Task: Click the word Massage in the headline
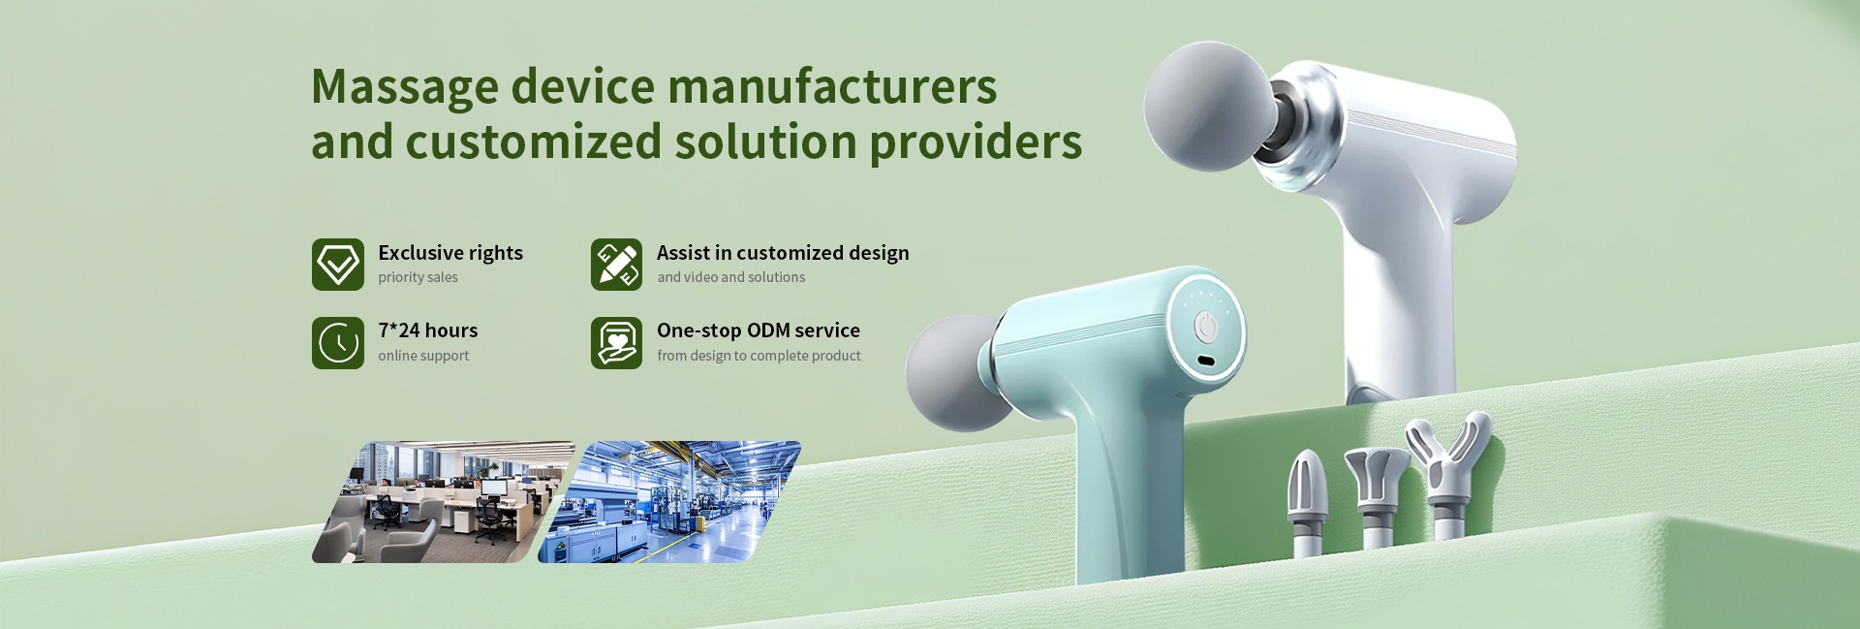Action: coord(404,87)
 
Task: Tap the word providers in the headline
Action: coord(976,143)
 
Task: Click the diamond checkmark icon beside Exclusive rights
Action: coord(338,265)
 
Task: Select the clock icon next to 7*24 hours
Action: coord(338,343)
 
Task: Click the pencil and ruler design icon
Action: coord(617,265)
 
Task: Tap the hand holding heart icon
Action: coord(617,343)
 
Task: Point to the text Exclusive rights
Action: coord(450,253)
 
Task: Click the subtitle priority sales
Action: coord(418,277)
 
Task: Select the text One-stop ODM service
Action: coord(759,330)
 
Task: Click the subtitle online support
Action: coord(423,356)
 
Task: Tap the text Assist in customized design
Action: coord(783,253)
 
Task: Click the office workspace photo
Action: coord(444,502)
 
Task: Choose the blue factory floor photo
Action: coord(669,502)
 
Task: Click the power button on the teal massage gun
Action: coord(1206,326)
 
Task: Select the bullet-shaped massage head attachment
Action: coord(1306,502)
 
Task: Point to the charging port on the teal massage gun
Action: coord(1206,362)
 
